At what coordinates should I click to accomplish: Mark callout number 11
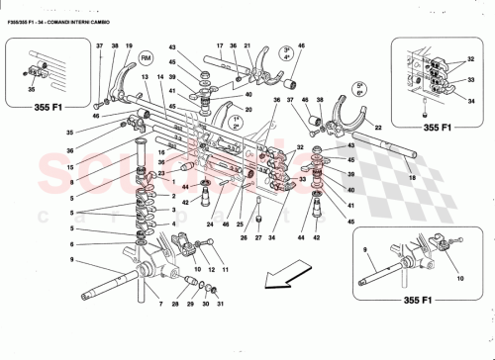225,269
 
